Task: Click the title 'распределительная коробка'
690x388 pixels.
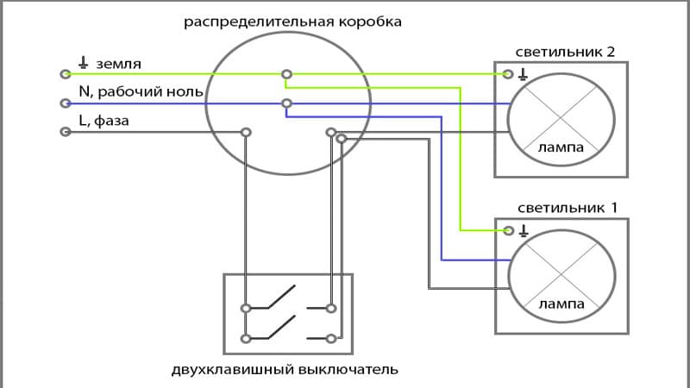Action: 292,20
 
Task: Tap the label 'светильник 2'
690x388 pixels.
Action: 566,52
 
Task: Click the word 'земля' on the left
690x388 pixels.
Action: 119,65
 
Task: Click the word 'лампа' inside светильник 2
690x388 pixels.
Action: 561,148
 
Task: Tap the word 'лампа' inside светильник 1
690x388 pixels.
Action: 561,304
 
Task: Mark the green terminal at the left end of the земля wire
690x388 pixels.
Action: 64,75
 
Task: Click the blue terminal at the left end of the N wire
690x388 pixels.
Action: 64,103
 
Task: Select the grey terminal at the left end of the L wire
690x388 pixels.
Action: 64,132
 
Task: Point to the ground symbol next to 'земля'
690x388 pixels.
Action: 83,63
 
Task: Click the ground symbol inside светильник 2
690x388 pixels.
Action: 523,74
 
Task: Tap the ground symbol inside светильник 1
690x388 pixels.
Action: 523,230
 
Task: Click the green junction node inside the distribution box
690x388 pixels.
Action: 286,75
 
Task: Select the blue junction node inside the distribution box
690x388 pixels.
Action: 286,103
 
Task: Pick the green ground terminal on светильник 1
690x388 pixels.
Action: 509,230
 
